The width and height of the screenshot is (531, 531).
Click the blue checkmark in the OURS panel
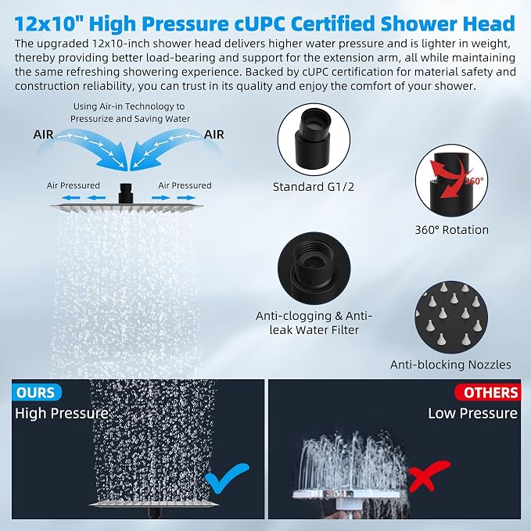coord(226,478)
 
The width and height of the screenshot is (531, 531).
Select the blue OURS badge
coord(37,393)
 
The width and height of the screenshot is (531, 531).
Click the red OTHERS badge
coord(488,393)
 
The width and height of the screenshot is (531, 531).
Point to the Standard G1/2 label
coord(314,187)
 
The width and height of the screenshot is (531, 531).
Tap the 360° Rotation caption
coord(452,230)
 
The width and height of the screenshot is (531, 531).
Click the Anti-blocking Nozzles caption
coord(450,364)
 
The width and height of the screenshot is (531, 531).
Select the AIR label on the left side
coord(43,135)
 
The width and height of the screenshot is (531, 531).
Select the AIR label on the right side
coord(214,135)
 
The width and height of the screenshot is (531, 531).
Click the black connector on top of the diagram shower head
coord(127,193)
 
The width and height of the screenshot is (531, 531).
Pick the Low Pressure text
coord(472,413)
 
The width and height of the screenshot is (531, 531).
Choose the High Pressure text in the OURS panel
coord(61,413)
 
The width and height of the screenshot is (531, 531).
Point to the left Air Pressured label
coord(74,185)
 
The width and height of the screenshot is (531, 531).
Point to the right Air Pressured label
coord(185,185)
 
